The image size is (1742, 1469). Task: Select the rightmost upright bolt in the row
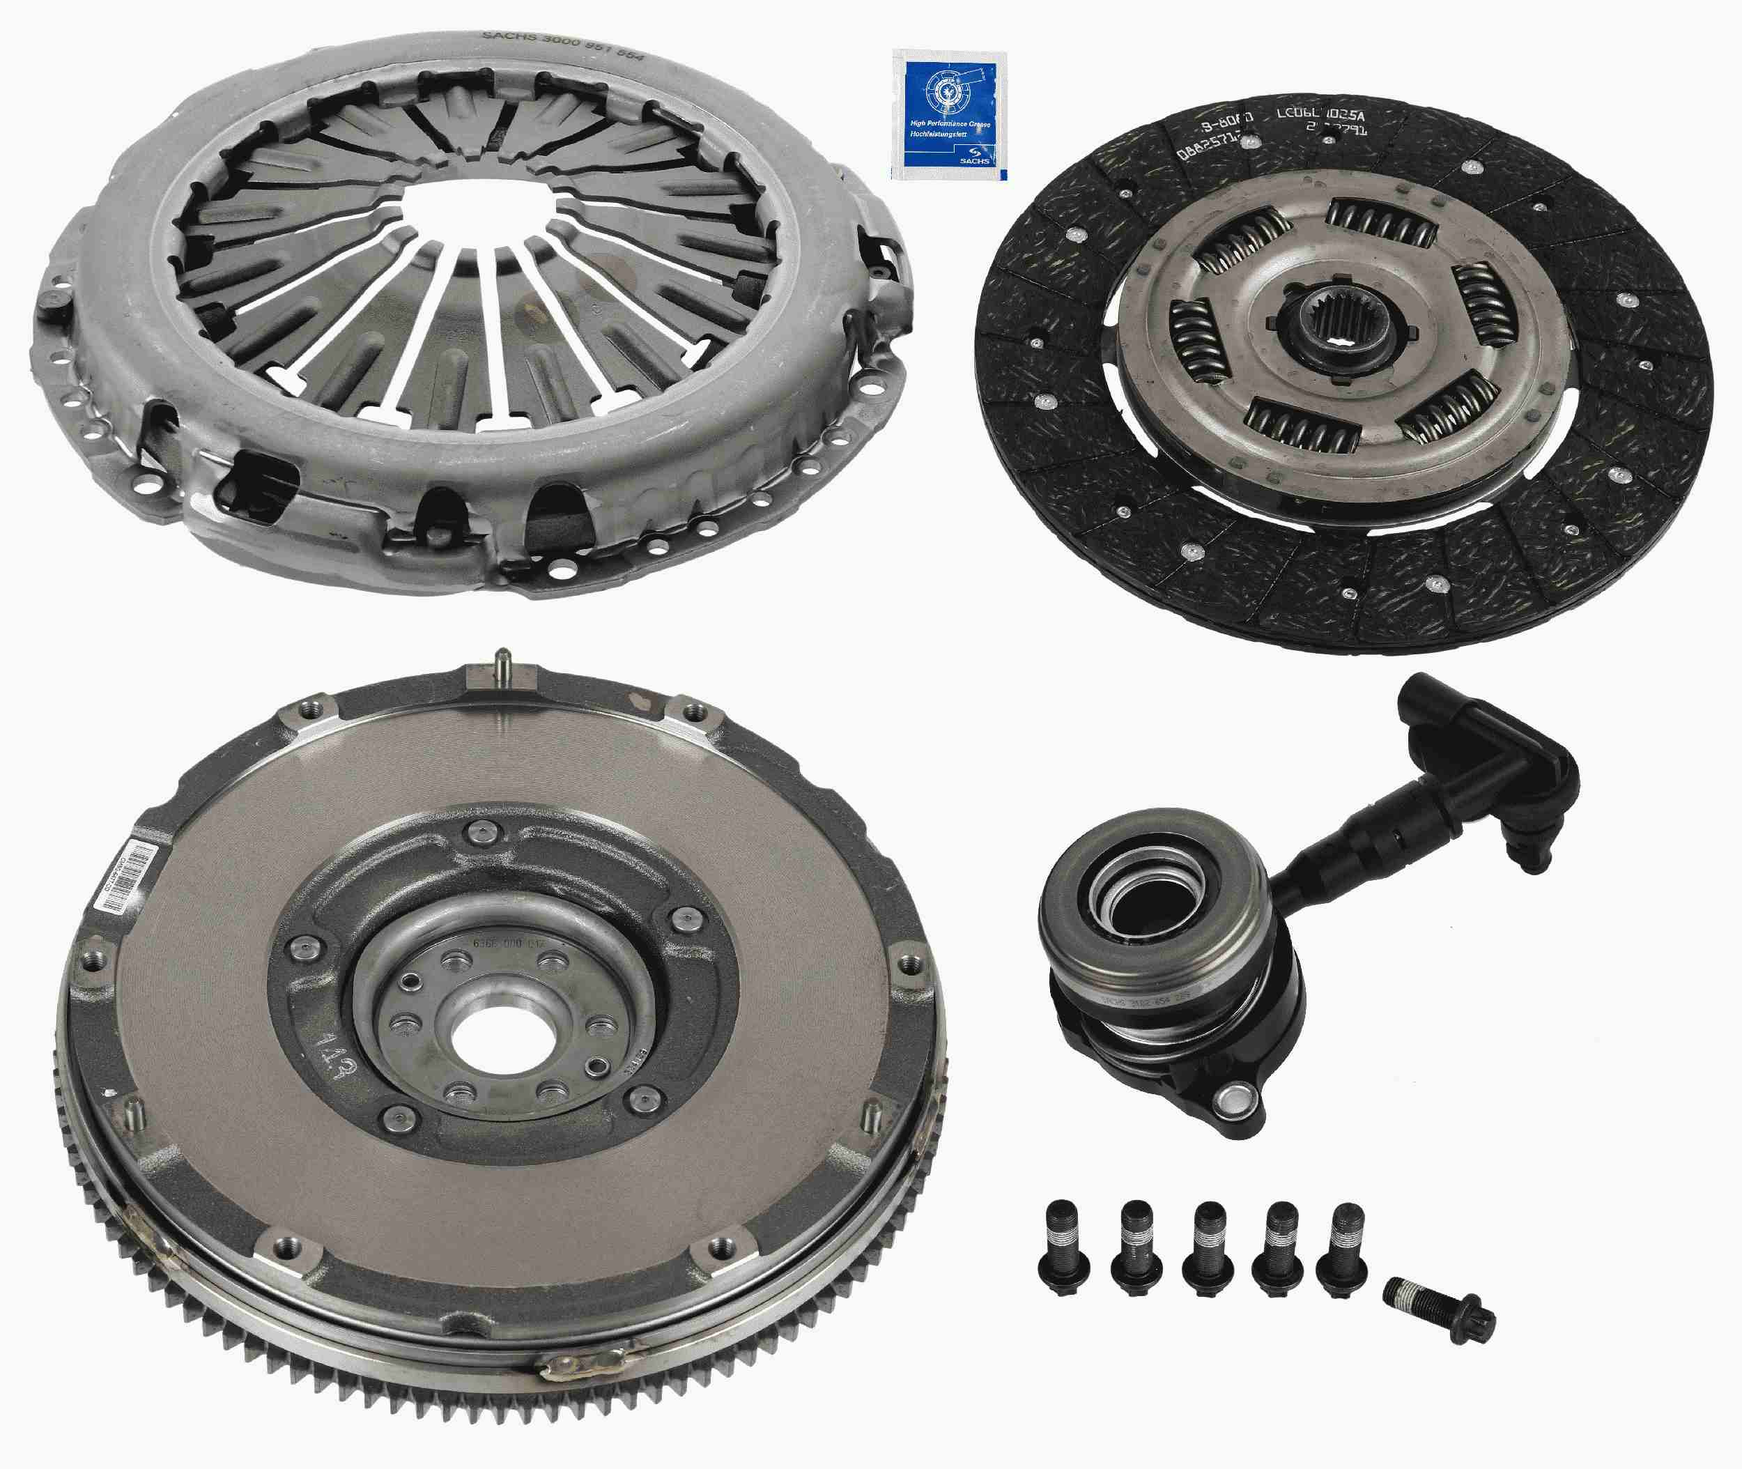(x=1341, y=1245)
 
